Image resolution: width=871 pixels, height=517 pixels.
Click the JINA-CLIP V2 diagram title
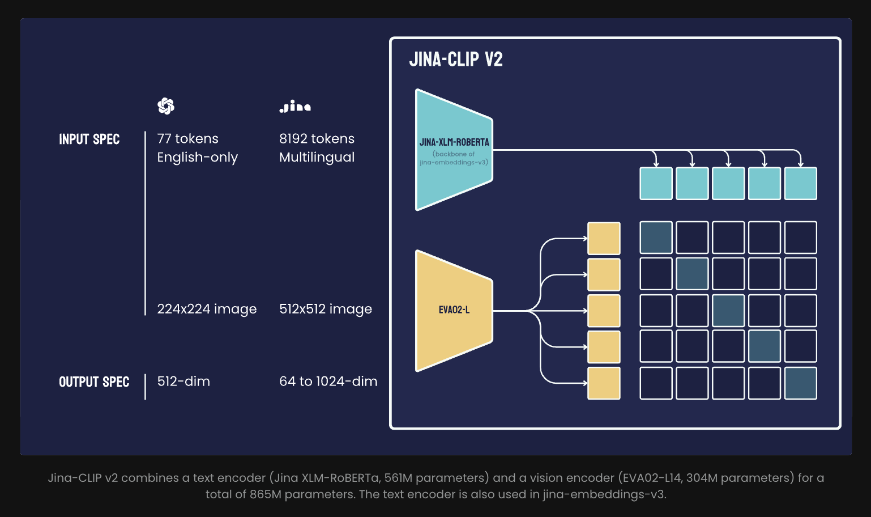click(455, 59)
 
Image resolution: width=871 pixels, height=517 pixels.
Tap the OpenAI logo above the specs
click(166, 106)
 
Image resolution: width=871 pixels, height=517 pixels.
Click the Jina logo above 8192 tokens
click(295, 107)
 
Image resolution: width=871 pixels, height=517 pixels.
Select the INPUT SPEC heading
click(89, 139)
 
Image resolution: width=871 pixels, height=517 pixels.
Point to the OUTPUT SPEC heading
click(94, 382)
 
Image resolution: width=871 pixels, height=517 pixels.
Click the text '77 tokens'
click(187, 139)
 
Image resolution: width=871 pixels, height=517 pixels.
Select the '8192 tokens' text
click(317, 139)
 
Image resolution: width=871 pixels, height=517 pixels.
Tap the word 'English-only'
click(197, 158)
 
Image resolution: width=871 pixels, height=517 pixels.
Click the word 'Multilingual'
click(317, 158)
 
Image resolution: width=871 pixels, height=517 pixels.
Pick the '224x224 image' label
click(207, 309)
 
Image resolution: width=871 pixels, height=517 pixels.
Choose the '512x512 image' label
click(326, 309)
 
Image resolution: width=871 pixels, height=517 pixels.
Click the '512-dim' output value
click(183, 382)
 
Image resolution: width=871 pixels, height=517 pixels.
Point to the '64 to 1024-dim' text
click(328, 382)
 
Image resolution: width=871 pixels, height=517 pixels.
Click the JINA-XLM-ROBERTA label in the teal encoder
click(454, 142)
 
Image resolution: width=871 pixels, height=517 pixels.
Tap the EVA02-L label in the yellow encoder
click(454, 310)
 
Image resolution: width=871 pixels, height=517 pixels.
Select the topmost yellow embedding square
click(604, 239)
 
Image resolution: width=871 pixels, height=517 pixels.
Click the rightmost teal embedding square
click(800, 184)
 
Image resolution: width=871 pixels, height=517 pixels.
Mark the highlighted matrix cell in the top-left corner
click(656, 238)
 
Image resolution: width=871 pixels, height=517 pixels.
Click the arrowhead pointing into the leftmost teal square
click(656, 164)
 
